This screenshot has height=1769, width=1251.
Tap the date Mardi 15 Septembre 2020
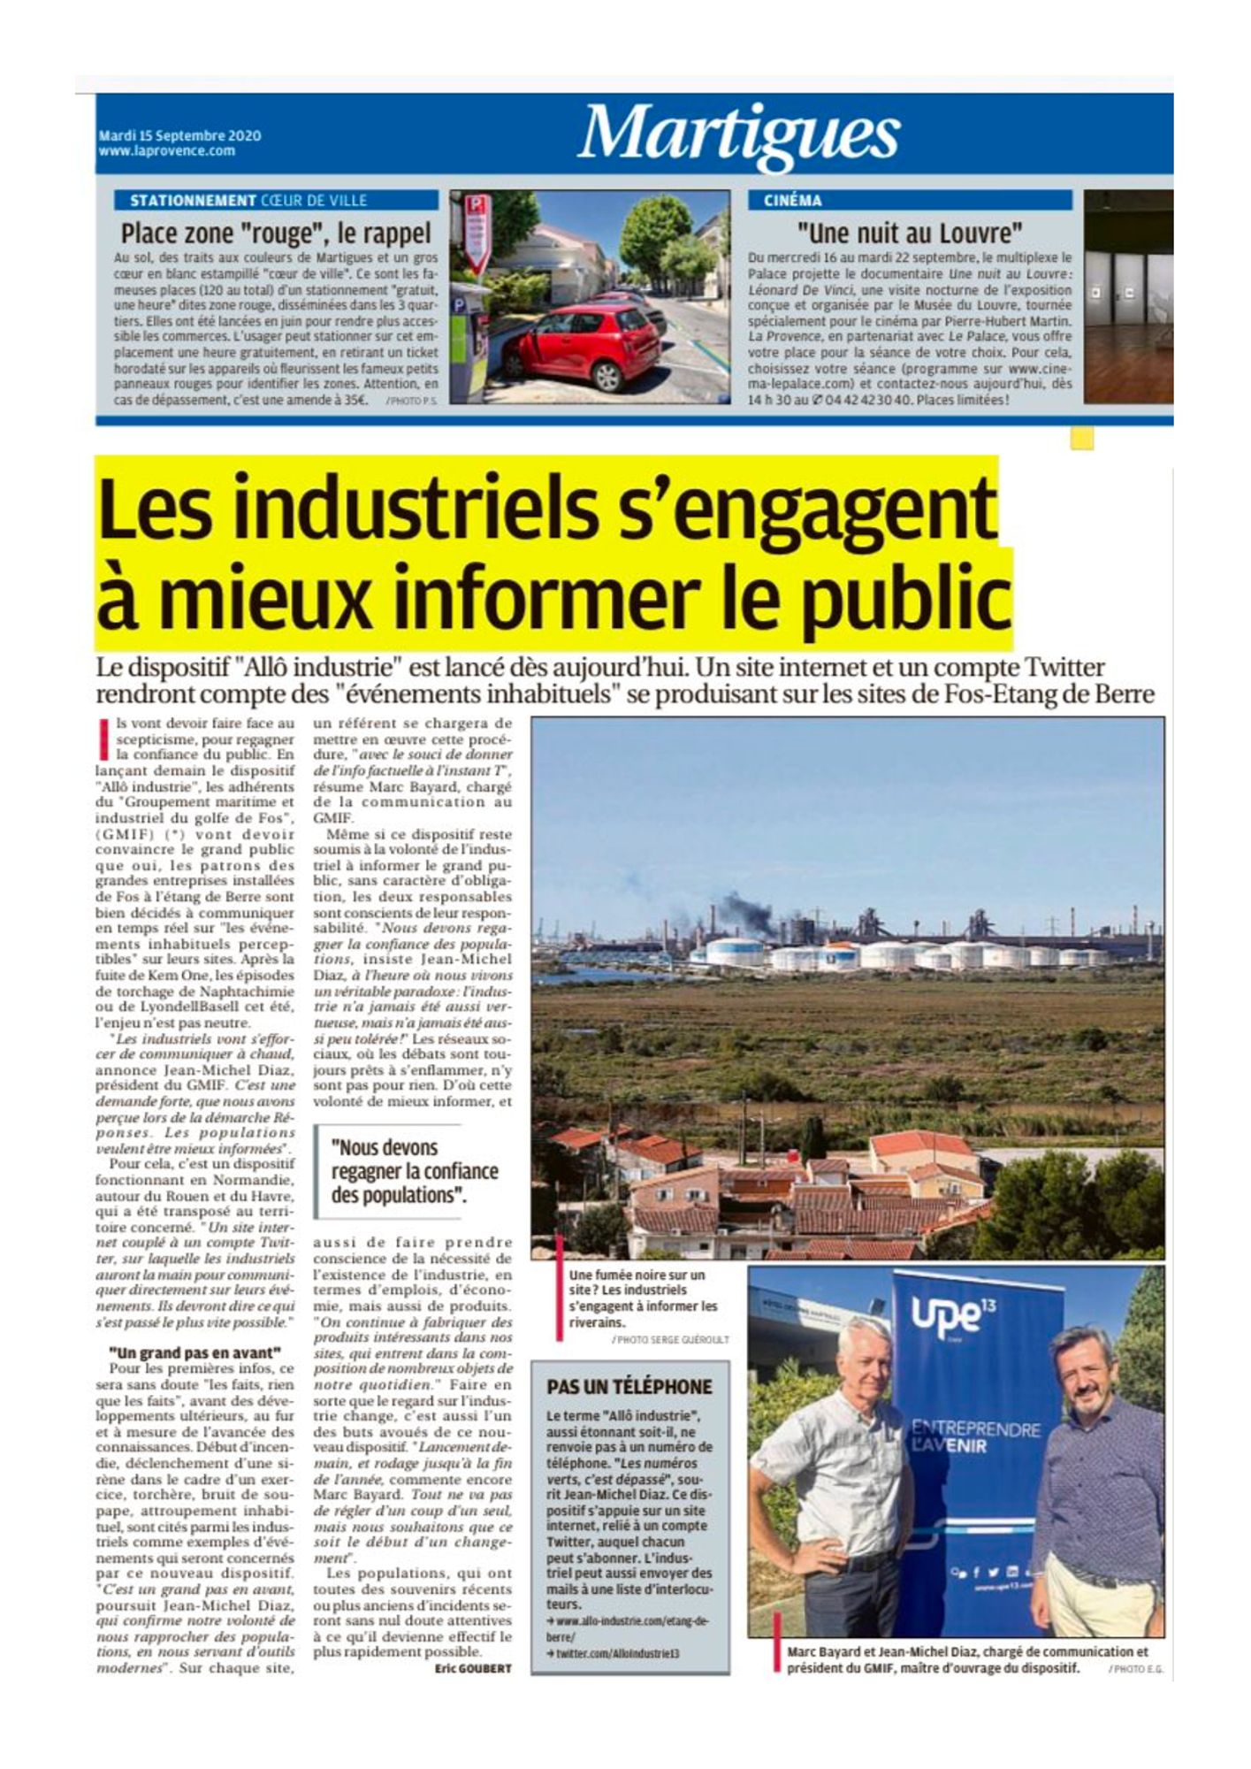point(179,136)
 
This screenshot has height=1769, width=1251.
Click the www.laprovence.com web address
point(167,151)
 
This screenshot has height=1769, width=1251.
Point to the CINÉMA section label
point(792,201)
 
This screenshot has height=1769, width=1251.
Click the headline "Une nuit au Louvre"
point(909,234)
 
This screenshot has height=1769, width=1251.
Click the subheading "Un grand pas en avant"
point(195,1352)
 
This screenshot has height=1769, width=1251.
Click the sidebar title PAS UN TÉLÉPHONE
point(629,1387)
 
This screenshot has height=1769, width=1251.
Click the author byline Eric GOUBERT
point(473,1668)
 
